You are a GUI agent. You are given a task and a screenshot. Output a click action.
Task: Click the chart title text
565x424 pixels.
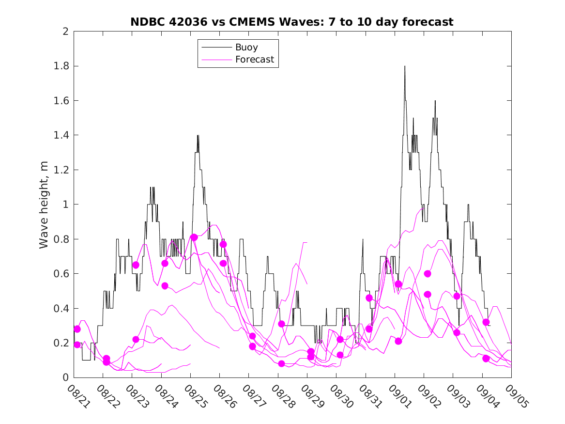click(292, 22)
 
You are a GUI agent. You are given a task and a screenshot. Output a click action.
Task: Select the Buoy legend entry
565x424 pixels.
click(246, 47)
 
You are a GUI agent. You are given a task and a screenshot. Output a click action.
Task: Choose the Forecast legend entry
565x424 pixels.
click(254, 60)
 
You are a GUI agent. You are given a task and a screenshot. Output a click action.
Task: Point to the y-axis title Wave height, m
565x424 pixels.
click(44, 204)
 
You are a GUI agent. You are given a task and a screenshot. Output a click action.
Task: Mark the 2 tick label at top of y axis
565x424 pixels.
click(65, 31)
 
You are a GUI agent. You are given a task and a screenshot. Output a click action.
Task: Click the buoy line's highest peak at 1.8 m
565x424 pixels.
click(405, 66)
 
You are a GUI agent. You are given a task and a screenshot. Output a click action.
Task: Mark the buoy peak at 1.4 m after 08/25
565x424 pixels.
click(198, 136)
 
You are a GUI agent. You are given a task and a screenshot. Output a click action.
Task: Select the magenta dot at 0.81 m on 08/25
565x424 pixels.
click(194, 237)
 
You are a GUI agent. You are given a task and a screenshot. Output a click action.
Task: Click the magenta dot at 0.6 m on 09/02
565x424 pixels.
click(428, 274)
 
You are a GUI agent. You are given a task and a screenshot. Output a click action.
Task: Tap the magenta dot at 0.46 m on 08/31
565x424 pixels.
click(369, 298)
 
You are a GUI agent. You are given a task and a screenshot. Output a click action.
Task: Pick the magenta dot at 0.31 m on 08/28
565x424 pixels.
click(281, 324)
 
